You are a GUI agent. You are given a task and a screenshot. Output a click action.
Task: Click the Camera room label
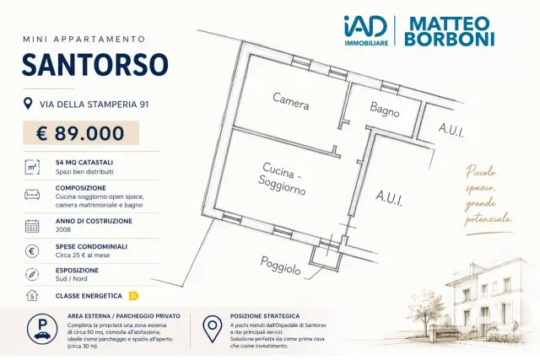coord(290,101)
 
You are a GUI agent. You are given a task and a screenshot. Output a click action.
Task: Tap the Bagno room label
coord(385,109)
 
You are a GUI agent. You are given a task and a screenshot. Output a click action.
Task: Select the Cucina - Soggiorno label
coord(282,179)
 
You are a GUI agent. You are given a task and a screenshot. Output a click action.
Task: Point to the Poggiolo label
coord(280,266)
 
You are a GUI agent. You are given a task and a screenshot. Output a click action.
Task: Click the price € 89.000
coord(81,133)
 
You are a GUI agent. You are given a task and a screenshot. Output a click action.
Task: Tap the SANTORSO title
coord(95,64)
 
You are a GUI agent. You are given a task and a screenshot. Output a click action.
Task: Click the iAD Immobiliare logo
coord(366,30)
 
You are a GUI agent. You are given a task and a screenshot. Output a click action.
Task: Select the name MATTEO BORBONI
coord(450,31)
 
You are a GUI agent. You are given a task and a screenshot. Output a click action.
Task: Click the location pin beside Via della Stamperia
coord(28,103)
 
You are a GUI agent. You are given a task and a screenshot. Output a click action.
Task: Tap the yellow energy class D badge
coord(133,296)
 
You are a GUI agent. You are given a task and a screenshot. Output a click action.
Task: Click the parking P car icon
coord(42,330)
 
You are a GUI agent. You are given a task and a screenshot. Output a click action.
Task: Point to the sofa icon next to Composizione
coord(32,195)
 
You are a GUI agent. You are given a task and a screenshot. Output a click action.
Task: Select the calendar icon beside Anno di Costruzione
coord(32,226)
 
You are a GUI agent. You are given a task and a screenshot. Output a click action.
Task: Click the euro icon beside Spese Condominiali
coord(32,251)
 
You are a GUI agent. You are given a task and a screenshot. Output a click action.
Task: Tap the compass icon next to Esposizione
coord(32,274)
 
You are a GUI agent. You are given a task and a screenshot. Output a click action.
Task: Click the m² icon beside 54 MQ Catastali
coord(32,167)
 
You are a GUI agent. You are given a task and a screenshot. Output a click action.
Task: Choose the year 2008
coord(63,229)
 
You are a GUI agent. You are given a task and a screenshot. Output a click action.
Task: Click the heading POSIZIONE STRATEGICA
coord(265,316)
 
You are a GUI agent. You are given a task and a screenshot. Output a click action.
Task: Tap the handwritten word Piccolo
coord(481,171)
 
